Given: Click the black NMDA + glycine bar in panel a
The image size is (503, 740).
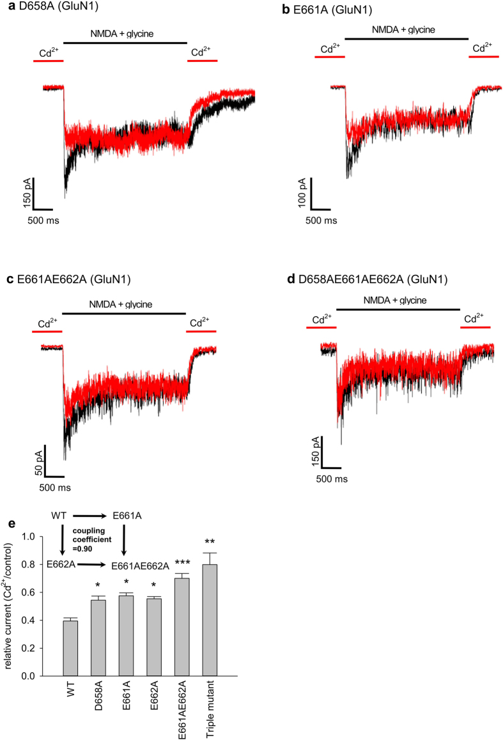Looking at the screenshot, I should point(125,43).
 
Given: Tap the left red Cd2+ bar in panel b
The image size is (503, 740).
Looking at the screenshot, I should point(330,57).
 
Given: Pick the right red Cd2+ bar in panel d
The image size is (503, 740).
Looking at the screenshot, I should point(476,327).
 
